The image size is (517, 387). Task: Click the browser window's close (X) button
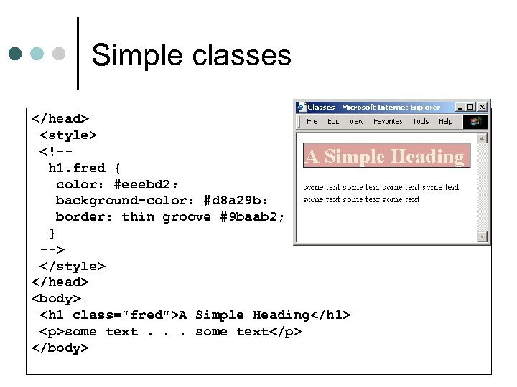[x=482, y=107]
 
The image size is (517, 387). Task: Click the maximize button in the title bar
[x=471, y=107]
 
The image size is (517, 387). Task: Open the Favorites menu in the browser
[x=388, y=122]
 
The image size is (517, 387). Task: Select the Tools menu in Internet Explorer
[x=421, y=122]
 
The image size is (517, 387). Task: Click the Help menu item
[x=445, y=122]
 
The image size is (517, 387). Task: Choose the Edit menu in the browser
[x=333, y=122]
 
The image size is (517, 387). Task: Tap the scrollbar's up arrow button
[x=483, y=138]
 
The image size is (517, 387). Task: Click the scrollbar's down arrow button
[x=483, y=236]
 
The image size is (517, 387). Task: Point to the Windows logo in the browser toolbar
[x=475, y=122]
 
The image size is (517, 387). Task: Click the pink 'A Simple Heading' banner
[x=386, y=156]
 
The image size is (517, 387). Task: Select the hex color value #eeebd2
[x=146, y=184]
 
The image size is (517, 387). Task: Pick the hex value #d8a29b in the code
[x=236, y=201]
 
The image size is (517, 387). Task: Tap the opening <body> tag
[x=57, y=298]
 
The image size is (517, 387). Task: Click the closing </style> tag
[x=73, y=266]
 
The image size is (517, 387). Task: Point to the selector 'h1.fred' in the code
[x=77, y=168]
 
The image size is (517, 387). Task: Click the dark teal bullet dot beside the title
[x=15, y=54]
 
